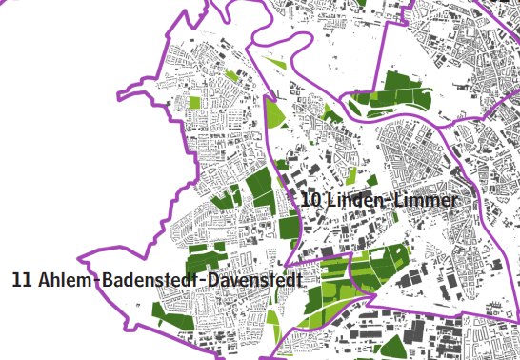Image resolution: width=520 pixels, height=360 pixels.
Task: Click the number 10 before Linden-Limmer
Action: click(x=310, y=200)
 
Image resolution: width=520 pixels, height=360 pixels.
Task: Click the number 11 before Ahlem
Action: click(x=22, y=281)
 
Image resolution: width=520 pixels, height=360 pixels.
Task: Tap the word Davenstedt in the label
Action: click(x=255, y=281)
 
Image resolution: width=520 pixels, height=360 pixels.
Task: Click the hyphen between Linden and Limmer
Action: click(x=388, y=201)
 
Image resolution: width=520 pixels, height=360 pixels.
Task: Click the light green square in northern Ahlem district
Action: click(x=195, y=103)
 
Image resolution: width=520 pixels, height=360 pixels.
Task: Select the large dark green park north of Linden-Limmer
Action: click(x=390, y=99)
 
